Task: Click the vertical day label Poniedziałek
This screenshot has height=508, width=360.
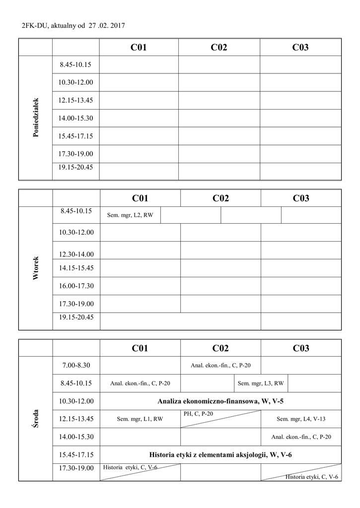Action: click(x=35, y=118)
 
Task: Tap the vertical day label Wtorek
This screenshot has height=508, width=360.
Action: click(x=35, y=268)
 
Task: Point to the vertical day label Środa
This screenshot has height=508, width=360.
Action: click(x=35, y=419)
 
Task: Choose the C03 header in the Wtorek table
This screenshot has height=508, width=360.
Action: click(x=301, y=198)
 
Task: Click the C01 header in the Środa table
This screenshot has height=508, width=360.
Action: click(x=140, y=348)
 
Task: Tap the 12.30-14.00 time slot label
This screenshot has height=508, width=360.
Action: click(x=76, y=254)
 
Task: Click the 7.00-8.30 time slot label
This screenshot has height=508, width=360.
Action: click(x=76, y=365)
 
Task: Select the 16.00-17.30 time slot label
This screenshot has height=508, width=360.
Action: click(x=76, y=286)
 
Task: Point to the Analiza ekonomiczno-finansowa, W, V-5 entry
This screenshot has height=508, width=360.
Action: click(x=220, y=401)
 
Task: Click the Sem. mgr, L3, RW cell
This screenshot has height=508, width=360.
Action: click(x=261, y=383)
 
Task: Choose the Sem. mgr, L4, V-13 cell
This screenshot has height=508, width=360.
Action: click(x=301, y=419)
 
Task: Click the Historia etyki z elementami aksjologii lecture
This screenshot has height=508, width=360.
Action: click(x=220, y=454)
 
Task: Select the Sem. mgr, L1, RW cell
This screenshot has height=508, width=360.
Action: click(x=140, y=419)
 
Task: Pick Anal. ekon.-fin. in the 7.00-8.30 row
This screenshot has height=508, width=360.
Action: click(x=220, y=366)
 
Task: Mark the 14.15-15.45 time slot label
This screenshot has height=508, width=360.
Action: click(x=76, y=268)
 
